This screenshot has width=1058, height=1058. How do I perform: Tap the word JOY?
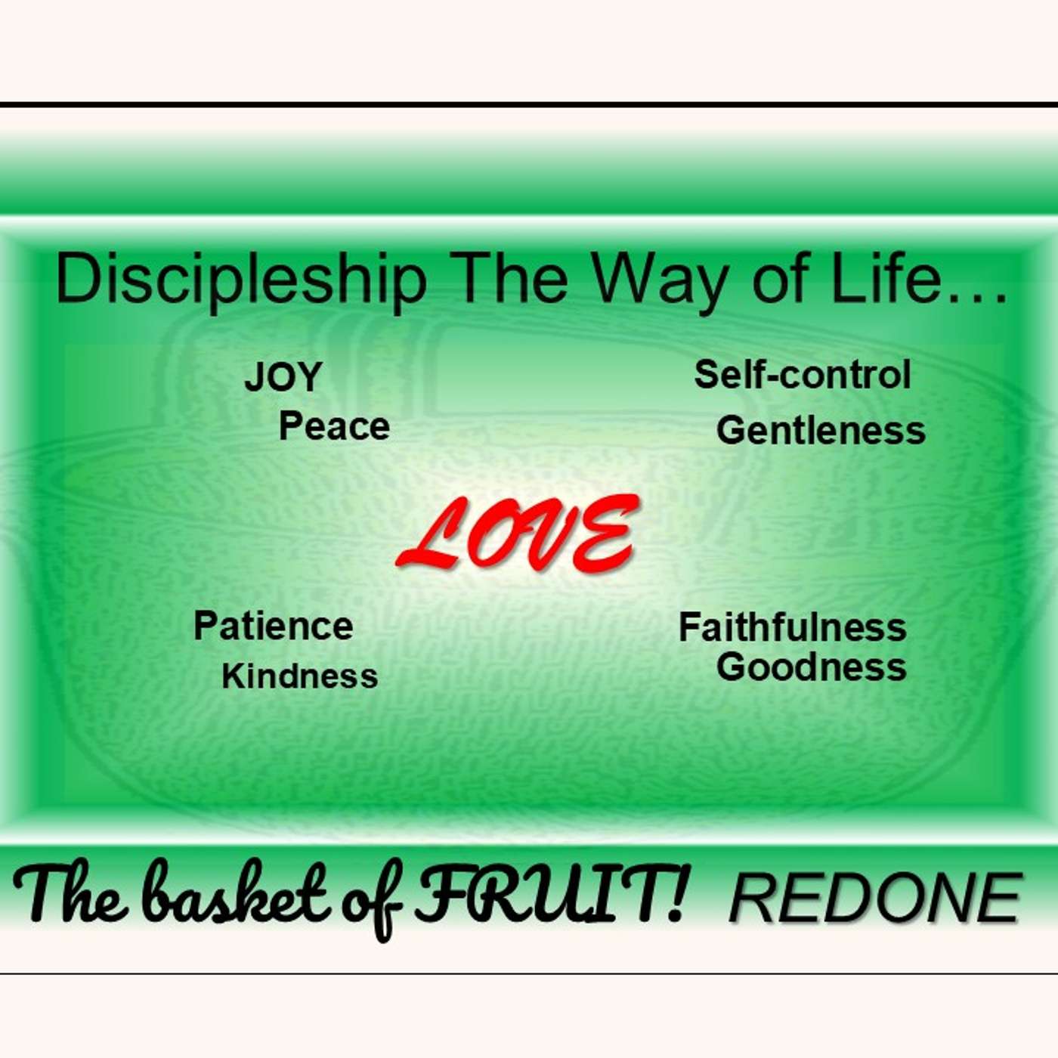[x=283, y=376]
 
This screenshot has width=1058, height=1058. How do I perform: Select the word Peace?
[x=334, y=426]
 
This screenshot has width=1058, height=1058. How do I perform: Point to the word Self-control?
[x=803, y=375]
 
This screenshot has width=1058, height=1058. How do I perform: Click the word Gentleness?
[x=821, y=431]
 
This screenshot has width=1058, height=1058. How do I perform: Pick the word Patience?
[x=273, y=626]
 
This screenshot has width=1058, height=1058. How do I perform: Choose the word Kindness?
[x=299, y=676]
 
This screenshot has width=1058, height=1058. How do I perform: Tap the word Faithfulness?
[x=792, y=627]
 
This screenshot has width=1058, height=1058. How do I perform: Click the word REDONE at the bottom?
[x=875, y=898]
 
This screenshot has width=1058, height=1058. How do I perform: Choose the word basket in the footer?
[x=236, y=896]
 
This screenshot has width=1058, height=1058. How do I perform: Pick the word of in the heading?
[x=778, y=278]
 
